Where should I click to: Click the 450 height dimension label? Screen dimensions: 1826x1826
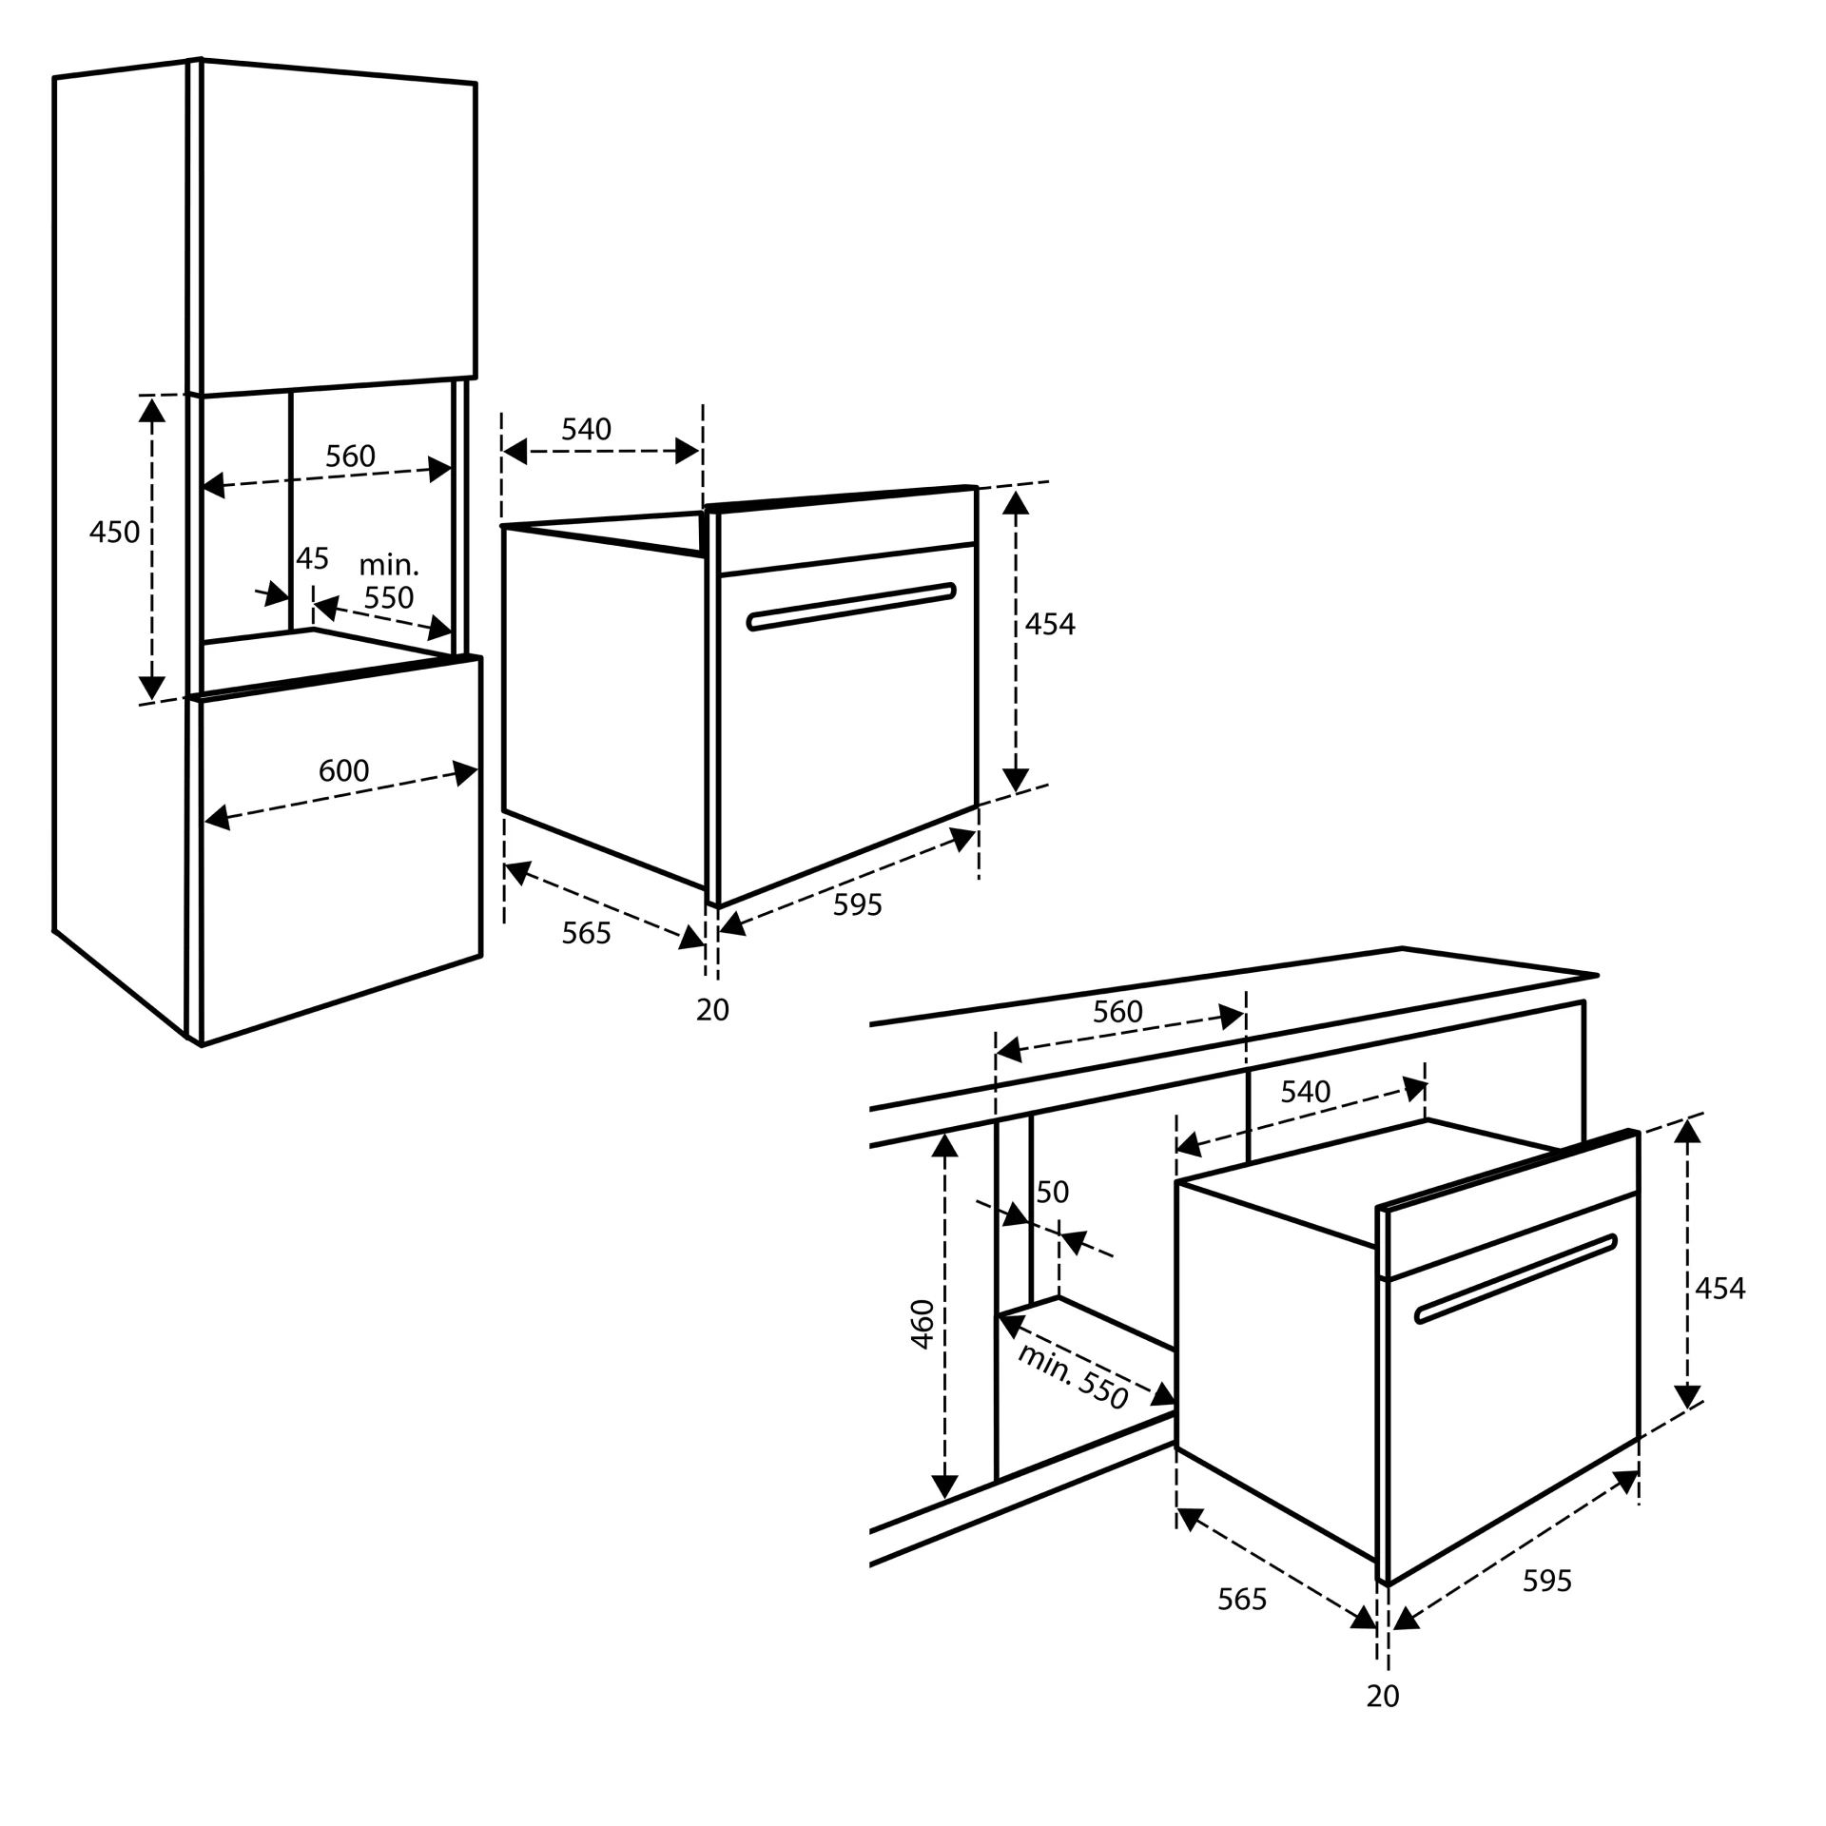tap(114, 532)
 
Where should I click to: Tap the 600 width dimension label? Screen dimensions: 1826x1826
tap(343, 770)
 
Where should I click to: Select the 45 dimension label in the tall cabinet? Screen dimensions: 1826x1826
tap(312, 558)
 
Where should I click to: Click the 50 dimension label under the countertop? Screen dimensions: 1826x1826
tap(1052, 1192)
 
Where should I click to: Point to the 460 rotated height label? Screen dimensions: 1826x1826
tap(923, 1324)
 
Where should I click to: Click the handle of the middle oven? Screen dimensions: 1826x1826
tap(851, 606)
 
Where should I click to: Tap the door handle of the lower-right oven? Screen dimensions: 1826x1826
tap(1516, 1278)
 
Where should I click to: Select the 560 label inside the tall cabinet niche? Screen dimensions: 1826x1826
tap(350, 456)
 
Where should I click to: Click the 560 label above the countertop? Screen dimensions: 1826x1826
tap(1117, 1011)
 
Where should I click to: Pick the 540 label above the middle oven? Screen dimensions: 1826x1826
tap(586, 430)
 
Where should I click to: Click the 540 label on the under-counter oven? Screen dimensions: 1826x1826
tap(1305, 1092)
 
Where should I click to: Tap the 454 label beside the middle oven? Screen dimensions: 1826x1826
tap(1050, 624)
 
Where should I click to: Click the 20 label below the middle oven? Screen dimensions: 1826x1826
tap(712, 1010)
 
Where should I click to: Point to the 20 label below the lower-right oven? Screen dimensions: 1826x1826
tap(1383, 1696)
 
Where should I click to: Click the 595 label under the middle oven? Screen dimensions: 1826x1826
tap(857, 905)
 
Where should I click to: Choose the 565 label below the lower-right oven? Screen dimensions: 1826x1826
tap(1242, 1600)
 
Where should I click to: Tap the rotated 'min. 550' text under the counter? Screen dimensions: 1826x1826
tap(1073, 1376)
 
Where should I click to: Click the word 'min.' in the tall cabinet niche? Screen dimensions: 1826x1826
tap(388, 565)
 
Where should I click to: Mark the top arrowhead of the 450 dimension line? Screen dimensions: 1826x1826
tap(152, 410)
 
